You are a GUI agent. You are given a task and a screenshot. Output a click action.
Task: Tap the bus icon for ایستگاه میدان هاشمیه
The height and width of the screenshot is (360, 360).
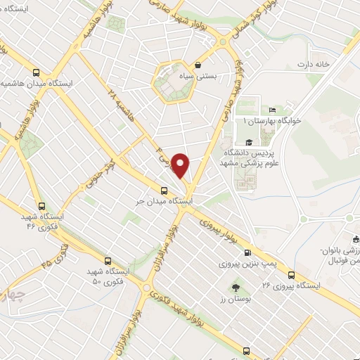click(x=36, y=72)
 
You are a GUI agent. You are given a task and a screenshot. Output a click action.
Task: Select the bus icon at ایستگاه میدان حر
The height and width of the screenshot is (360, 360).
click(x=164, y=190)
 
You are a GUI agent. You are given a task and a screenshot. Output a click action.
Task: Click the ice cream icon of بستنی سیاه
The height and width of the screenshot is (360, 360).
click(x=200, y=65)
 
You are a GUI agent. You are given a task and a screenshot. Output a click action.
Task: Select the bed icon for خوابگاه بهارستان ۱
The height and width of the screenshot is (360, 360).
click(x=272, y=110)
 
